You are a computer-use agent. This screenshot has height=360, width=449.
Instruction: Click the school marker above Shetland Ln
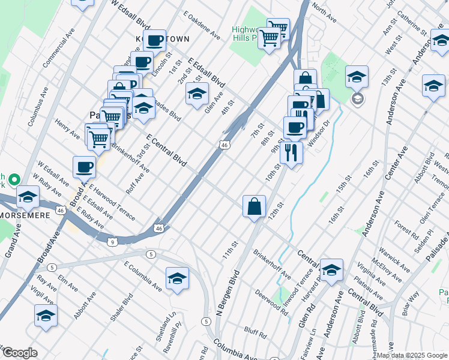click(177, 278)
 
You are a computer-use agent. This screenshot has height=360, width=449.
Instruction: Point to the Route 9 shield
click(113, 241)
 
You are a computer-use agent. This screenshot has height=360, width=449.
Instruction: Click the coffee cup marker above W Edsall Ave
click(84, 167)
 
